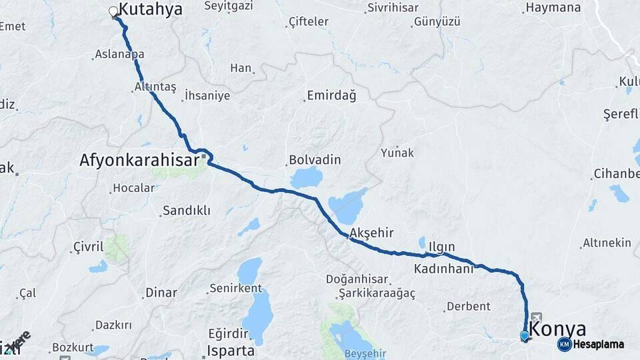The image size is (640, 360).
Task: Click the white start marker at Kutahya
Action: click(113, 11)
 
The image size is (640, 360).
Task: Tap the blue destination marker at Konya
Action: click(525, 335)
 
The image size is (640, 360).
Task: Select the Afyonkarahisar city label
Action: click(139, 161)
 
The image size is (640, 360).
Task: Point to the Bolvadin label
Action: click(315, 161)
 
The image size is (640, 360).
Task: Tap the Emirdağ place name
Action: click(331, 95)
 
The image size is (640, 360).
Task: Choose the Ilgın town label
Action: click(442, 247)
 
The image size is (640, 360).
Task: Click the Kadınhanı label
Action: click(443, 269)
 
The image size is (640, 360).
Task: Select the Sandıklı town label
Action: click(186, 211)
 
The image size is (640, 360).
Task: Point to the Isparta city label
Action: click(231, 351)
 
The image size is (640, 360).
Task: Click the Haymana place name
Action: click(553, 8)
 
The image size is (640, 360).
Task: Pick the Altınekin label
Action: click(606, 243)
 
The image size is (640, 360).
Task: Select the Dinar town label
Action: click(161, 292)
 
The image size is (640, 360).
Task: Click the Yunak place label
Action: click(397, 153)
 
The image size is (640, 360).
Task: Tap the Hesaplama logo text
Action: click(599, 345)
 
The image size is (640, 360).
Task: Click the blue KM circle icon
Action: click(565, 344)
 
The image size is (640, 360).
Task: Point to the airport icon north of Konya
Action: click(536, 318)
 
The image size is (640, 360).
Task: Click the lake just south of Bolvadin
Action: click(307, 177)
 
